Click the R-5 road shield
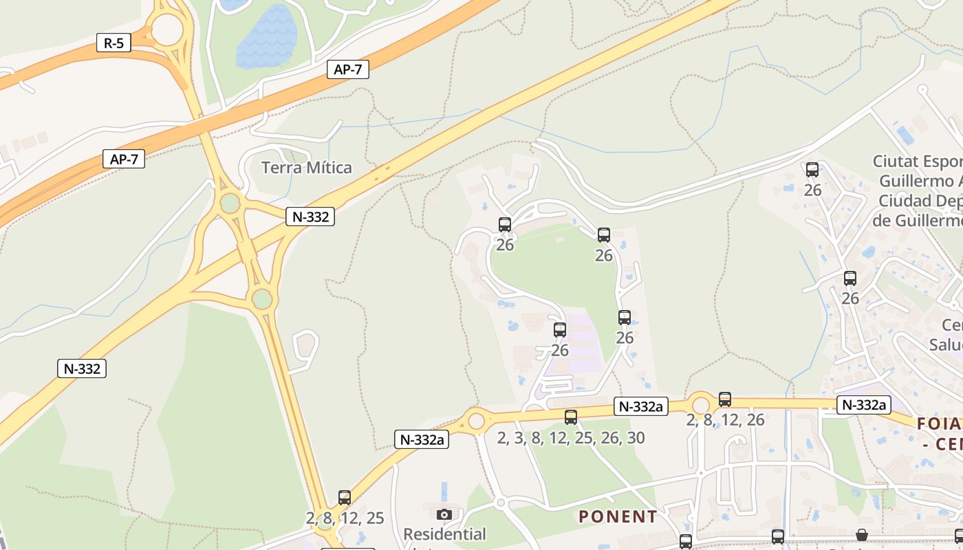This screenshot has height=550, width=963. coord(113,43)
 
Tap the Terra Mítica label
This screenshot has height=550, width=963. coord(306,167)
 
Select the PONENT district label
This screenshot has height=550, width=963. coord(618,516)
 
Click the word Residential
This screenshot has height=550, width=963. coord(444,533)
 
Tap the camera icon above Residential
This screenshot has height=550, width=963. coord(444,514)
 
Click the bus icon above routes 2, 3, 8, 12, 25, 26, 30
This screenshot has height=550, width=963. coord(571,417)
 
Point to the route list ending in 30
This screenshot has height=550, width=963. coord(571,438)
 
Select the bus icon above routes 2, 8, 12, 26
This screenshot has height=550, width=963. coord(725,399)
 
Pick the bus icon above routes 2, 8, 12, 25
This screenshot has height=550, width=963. coord(345,497)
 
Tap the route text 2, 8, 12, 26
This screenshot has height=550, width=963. coord(725,420)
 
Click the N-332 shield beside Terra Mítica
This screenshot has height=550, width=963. coord(310,217)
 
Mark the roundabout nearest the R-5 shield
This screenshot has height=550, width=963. coord(167,30)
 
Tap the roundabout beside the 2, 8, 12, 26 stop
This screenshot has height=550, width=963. coord(701,404)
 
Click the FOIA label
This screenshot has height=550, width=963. coord(940,423)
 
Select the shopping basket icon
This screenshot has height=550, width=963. coord(861,535)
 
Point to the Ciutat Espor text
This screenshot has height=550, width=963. coord(917,162)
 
